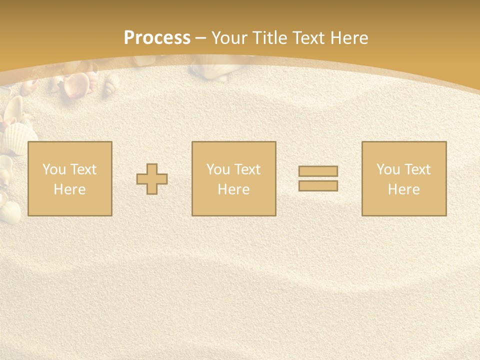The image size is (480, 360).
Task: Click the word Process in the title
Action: pos(157,38)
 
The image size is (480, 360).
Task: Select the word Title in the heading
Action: pos(270,38)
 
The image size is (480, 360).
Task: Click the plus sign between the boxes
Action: pos(152,178)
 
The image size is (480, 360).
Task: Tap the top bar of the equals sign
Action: pos(318,171)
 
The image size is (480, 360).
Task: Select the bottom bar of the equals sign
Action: pos(318,185)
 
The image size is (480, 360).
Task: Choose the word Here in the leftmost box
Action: pos(69,189)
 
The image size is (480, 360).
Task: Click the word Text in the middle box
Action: pos(246,169)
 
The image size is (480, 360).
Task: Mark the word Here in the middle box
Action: pos(233,189)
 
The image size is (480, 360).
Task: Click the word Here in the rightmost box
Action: pos(403,189)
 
